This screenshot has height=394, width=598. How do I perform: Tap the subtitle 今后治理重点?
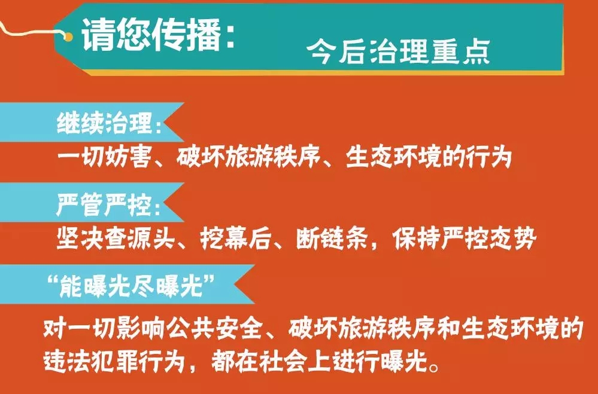tap(398, 52)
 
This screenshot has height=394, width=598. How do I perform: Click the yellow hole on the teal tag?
tap(68, 37)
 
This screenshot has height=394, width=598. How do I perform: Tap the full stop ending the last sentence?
tap(434, 366)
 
